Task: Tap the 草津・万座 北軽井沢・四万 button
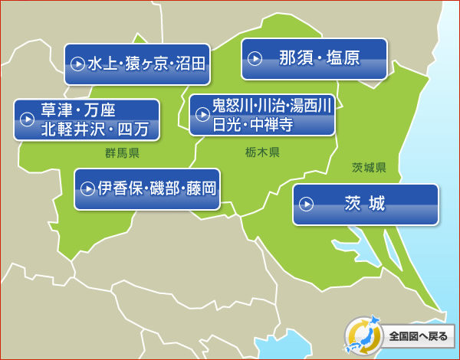87,119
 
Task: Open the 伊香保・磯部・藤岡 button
146,188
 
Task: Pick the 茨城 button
365,204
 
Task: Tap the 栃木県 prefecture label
263,152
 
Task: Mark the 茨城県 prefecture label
369,168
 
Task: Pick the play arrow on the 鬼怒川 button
202,115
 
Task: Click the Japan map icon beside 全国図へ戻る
363,335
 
